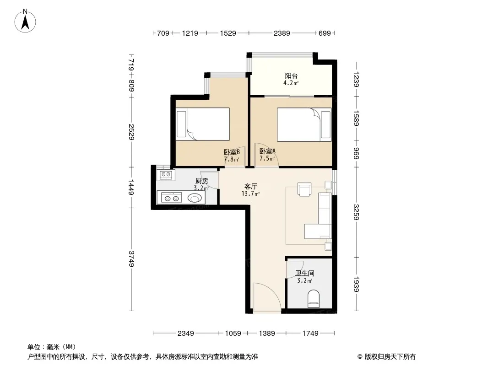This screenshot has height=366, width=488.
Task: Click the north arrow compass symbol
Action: (x=25, y=21)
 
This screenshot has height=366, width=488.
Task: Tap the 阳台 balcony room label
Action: (x=291, y=75)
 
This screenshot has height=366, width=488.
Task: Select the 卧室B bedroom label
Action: (x=232, y=152)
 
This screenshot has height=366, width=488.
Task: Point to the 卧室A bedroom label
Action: (x=267, y=151)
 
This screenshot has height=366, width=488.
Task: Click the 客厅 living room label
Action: (x=250, y=187)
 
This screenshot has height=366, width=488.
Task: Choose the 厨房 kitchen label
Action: (x=202, y=181)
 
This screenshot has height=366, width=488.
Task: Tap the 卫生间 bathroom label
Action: (x=305, y=273)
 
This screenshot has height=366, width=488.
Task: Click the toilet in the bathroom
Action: (x=314, y=299)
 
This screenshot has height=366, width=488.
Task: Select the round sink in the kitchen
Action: (x=195, y=198)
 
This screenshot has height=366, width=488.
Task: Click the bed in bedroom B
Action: (x=203, y=124)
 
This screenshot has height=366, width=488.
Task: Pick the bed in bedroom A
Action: (x=304, y=124)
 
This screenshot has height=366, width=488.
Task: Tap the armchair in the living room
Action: (x=304, y=189)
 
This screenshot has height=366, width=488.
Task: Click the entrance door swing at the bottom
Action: (x=267, y=296)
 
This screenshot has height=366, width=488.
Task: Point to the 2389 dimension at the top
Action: (x=282, y=33)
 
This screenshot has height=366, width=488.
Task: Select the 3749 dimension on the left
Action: (x=131, y=259)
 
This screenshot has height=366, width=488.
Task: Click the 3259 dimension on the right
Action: (x=356, y=212)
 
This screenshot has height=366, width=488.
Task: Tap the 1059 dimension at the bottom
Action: (x=233, y=334)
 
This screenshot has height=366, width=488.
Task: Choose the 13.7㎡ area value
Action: (x=250, y=194)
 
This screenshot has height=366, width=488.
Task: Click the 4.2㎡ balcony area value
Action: (x=291, y=83)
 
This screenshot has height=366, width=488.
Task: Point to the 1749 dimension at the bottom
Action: (x=310, y=334)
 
